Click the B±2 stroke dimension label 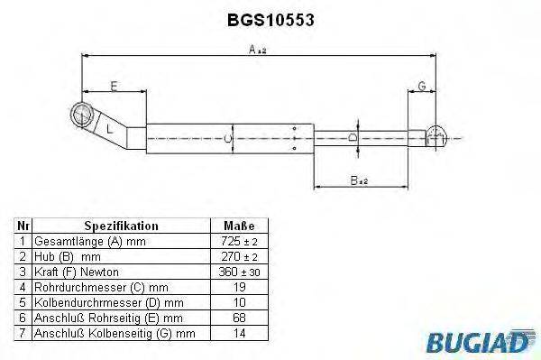click(x=359, y=180)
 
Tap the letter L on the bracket click(x=109, y=129)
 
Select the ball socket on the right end click(x=436, y=135)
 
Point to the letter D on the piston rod click(x=353, y=137)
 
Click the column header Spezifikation click(x=121, y=226)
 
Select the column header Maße click(x=238, y=226)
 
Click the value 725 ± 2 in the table click(x=238, y=242)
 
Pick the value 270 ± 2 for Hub click(x=238, y=256)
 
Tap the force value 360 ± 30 click(x=238, y=271)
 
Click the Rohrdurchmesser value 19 click(x=238, y=286)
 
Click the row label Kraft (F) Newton click(x=76, y=271)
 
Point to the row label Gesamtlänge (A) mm click(x=88, y=242)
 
